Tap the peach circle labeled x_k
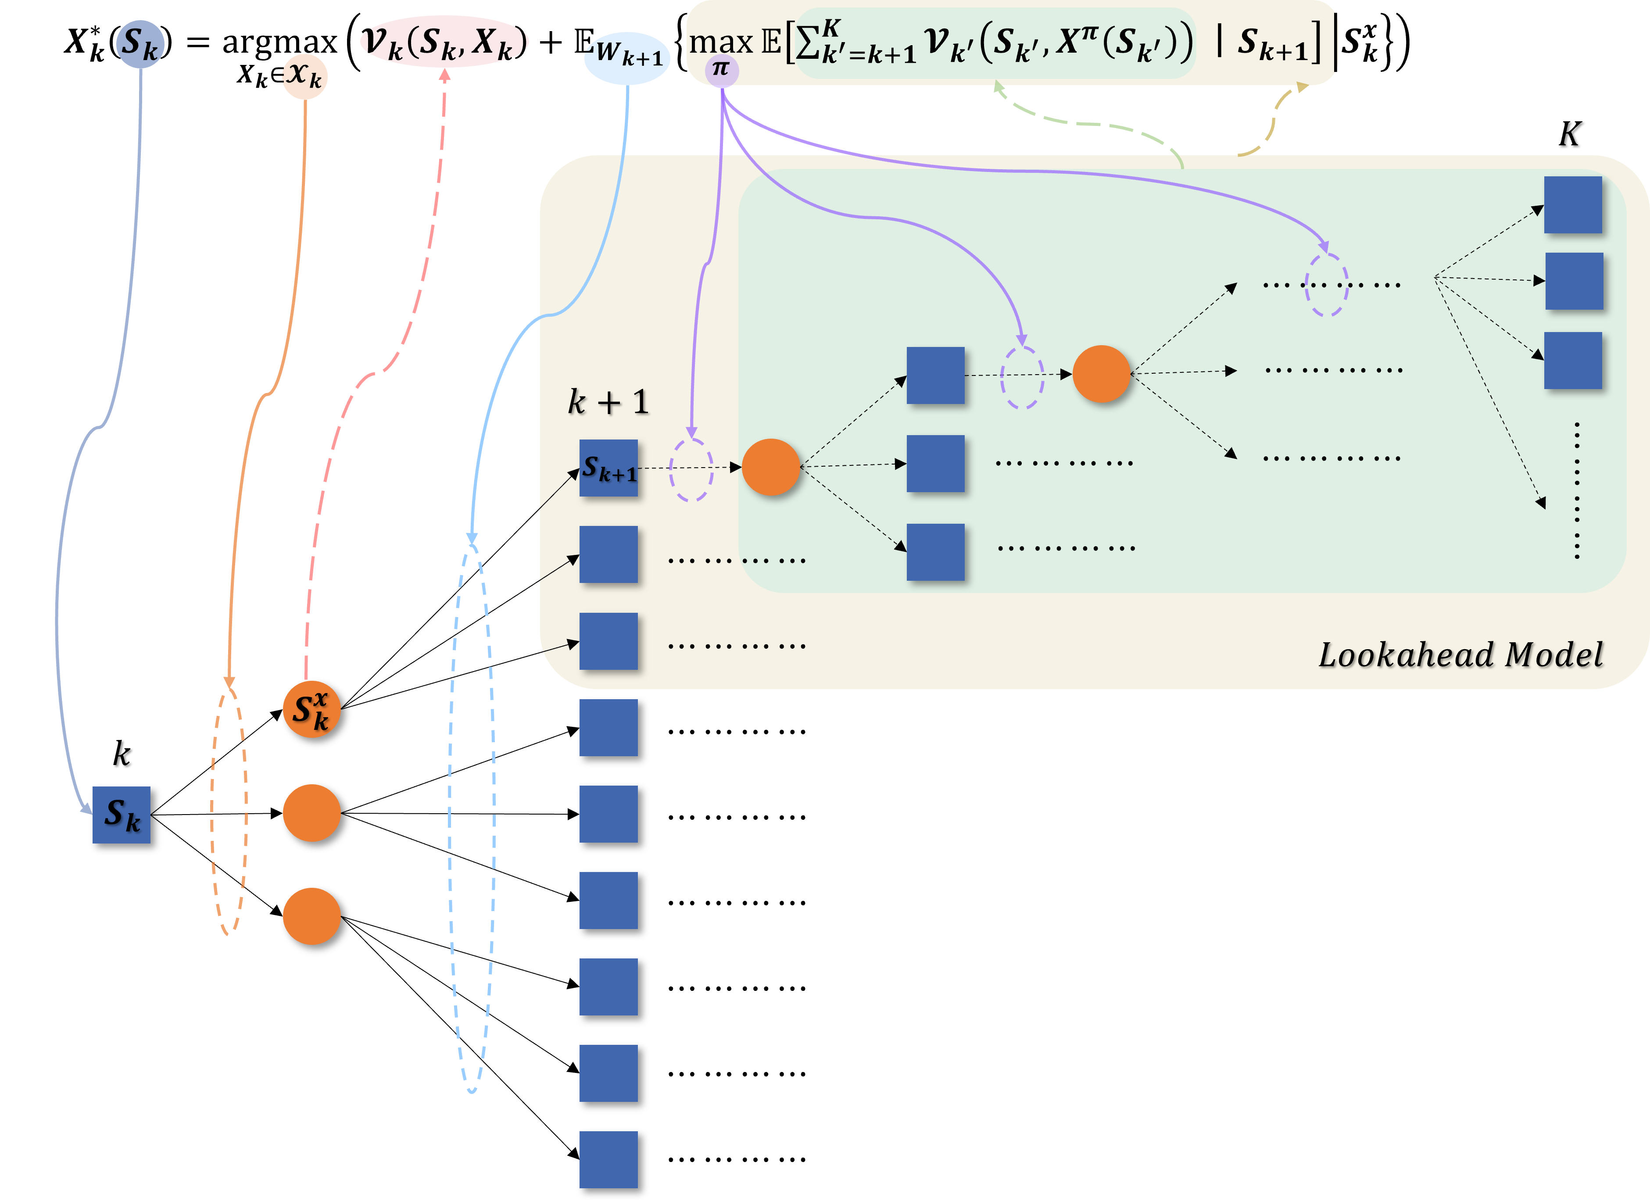[305, 76]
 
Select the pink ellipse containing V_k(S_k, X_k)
[444, 42]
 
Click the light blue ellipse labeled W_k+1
[627, 57]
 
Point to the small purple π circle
[721, 71]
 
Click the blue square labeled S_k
[122, 815]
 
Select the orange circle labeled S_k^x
[311, 709]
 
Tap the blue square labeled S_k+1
[608, 468]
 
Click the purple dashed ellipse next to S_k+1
[691, 469]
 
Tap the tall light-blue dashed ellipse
[472, 819]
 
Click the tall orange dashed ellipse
[229, 811]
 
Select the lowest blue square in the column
[608, 1159]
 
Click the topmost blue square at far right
[1573, 205]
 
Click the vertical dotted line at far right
[1577, 491]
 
